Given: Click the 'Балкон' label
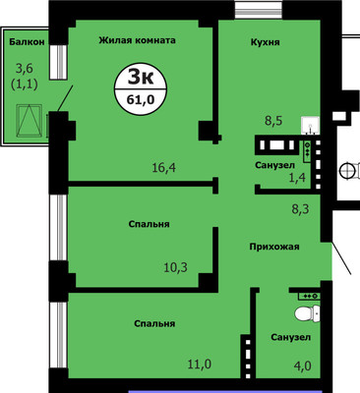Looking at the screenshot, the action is pos(27,41).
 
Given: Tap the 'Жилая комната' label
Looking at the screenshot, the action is pos(137,40).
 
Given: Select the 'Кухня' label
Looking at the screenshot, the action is pos(266,42).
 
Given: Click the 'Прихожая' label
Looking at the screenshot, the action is pos(274,247).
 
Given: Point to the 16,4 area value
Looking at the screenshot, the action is pos(164,168).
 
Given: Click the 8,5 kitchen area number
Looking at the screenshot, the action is pos(273,121).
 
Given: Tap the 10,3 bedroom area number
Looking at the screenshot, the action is pos(175,267).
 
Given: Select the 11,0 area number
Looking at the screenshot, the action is pos(200,364).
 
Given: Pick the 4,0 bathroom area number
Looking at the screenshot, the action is pos(302,365).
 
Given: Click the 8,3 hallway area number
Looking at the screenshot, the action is pos(301,208).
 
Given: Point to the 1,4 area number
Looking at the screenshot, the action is pos(297,178).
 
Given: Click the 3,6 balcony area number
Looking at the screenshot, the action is pos(26,70).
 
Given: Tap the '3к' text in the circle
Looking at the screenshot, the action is pos(141,78).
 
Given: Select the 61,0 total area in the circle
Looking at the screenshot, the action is pos(141,99).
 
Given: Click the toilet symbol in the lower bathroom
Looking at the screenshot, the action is pos(307,313).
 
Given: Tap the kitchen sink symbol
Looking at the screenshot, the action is pos(310,125).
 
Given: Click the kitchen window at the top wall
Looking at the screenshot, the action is pos(259,9).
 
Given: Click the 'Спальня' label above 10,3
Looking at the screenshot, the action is pos(149,224).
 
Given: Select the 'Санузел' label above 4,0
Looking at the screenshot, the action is pos(291,337).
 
